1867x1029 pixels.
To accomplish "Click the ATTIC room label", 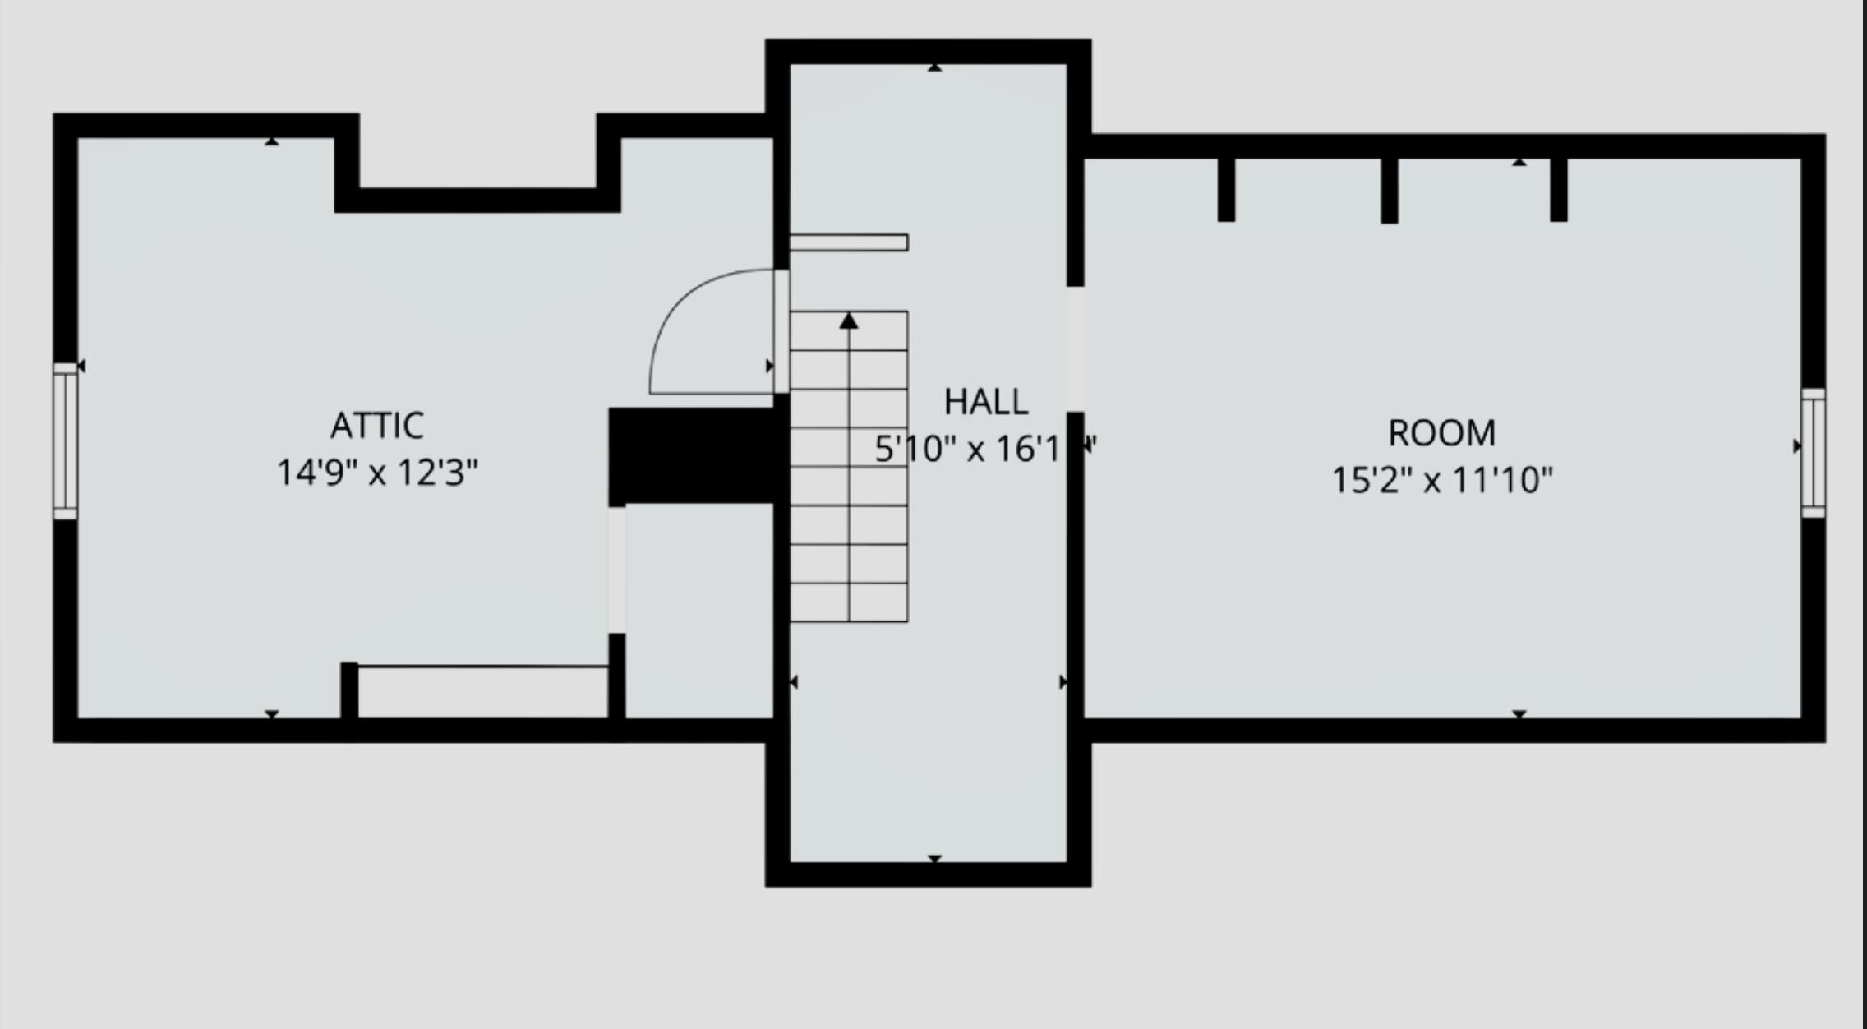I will [x=377, y=426].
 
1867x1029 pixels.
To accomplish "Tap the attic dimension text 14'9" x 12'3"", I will [x=377, y=473].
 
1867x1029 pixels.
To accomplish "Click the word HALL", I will [x=985, y=402].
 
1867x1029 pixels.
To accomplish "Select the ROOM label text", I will [x=1441, y=433].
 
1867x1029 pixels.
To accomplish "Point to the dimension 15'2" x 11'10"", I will [x=1441, y=480].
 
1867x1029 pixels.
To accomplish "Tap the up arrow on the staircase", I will [x=849, y=321].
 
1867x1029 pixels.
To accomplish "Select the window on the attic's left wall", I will [x=65, y=441].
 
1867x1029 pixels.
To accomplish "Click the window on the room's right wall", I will [x=1814, y=453].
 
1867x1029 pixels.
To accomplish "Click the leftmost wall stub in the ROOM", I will [x=1225, y=189].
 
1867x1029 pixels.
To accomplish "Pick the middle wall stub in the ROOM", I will [x=1389, y=190].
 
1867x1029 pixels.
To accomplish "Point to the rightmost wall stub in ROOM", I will [x=1558, y=189].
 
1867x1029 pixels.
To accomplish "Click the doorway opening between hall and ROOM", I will [x=1075, y=348].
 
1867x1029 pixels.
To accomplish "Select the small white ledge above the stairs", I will [x=849, y=242].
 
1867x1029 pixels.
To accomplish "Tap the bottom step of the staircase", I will [x=849, y=602].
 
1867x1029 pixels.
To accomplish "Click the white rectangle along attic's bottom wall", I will [x=483, y=691].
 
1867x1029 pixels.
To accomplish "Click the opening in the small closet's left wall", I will [x=616, y=570].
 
